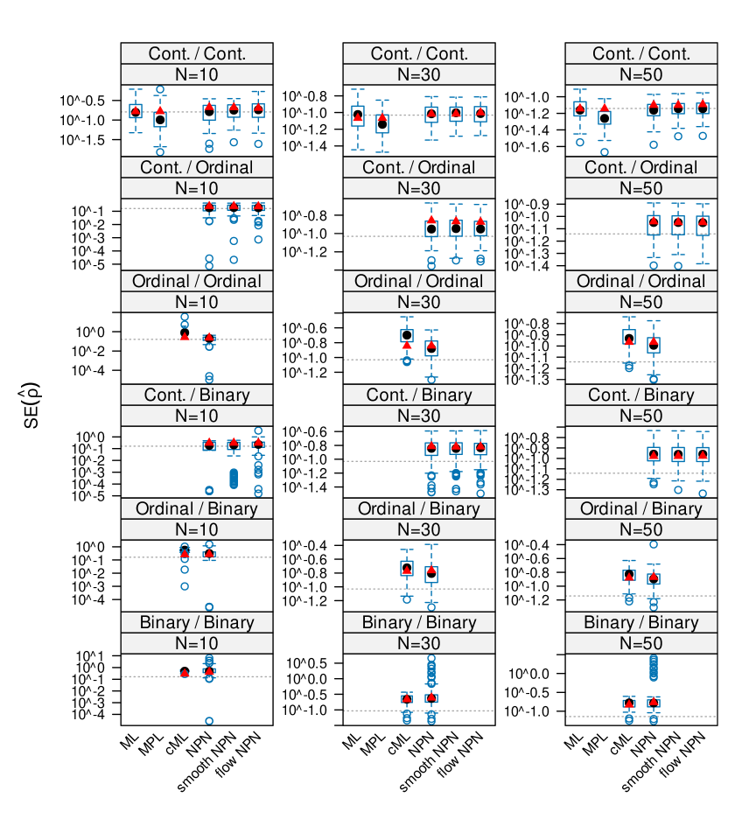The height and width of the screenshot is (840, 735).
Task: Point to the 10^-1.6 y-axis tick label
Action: coord(537,146)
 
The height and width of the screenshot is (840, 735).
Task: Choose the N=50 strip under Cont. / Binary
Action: coord(640,416)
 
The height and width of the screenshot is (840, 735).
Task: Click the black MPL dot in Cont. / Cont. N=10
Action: coord(160,120)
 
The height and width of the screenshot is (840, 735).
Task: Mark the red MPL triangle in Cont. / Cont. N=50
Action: coord(604,108)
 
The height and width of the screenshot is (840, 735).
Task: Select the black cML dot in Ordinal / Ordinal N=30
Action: coord(407,335)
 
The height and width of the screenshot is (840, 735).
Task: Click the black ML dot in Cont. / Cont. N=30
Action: coord(357,115)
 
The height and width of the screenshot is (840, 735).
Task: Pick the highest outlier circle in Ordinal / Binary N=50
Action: coord(653,544)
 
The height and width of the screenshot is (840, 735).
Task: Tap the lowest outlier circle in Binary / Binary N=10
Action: coord(209,721)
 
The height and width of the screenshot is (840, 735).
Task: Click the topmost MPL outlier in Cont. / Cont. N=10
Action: coord(160,89)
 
